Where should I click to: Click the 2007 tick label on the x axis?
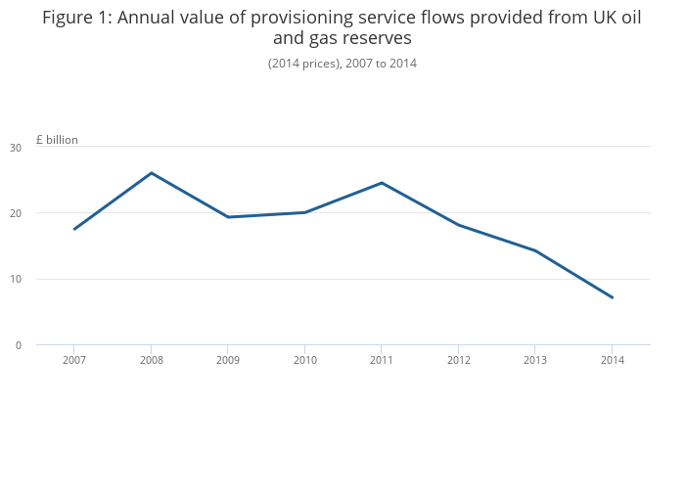73,361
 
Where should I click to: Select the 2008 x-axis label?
151,361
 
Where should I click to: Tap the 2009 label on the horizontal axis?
227,361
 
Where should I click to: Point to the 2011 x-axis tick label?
381,361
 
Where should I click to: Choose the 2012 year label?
458,361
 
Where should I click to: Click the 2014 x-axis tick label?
612,361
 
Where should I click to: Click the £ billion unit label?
57,140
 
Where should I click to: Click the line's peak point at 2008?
151,173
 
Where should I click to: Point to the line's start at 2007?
74,229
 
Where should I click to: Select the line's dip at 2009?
227,217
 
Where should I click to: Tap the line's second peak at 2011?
382,183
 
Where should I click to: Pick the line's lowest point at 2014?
612,297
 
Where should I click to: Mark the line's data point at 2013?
534,250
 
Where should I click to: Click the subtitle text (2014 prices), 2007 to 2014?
342,64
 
